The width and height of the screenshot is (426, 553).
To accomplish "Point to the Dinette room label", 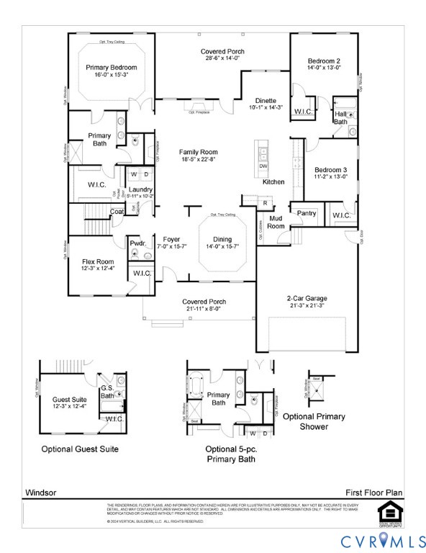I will [x=266, y=101].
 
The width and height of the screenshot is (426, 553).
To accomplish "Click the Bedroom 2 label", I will [x=324, y=60].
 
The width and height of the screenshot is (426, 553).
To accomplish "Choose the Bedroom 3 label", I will [x=330, y=169].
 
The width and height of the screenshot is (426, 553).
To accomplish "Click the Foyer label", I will [x=171, y=239].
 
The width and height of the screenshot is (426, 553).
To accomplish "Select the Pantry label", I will [x=307, y=213].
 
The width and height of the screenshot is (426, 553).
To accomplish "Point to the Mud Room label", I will [x=275, y=221].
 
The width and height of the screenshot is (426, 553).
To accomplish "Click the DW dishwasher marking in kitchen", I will [x=263, y=166].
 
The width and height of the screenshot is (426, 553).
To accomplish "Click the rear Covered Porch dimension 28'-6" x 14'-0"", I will [x=222, y=59].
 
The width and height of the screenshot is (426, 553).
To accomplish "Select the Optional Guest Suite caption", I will [x=79, y=449].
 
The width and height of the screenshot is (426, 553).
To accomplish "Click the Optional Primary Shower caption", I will [x=313, y=421].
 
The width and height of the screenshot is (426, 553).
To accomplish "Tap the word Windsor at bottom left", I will [x=40, y=493].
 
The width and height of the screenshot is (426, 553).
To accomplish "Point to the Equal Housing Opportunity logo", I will [x=388, y=512].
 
